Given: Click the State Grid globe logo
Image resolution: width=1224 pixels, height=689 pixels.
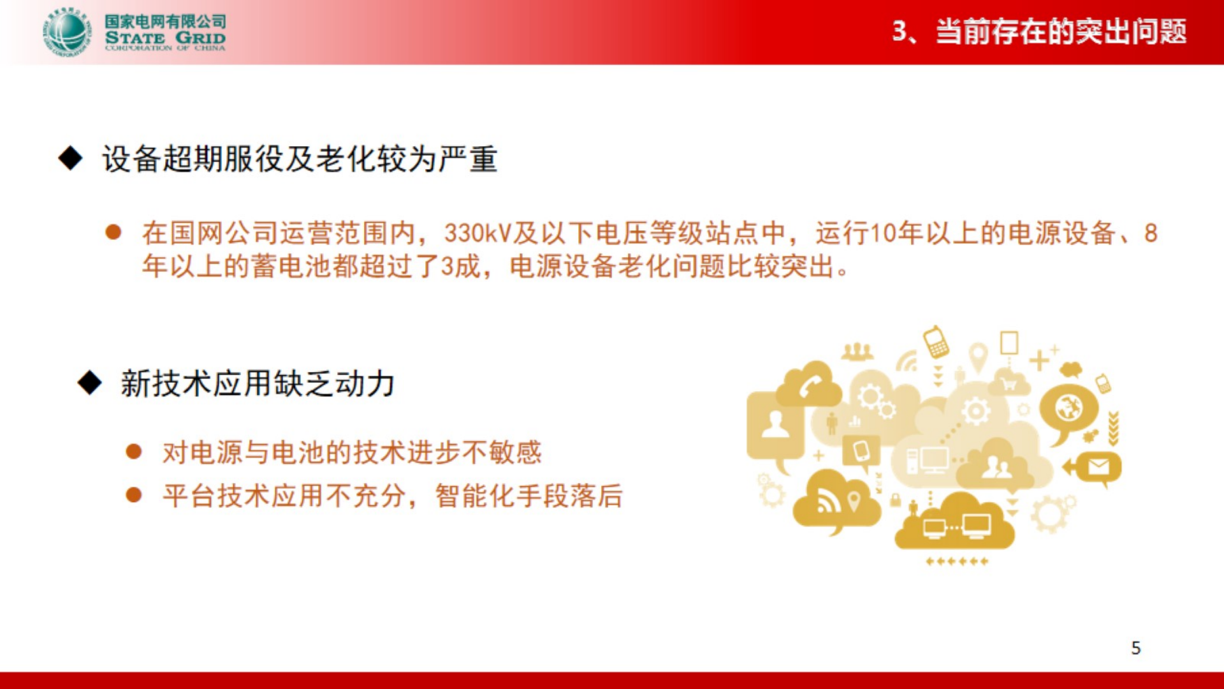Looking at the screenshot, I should click(66, 33).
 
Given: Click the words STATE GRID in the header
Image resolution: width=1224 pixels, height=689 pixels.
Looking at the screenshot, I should click(165, 37).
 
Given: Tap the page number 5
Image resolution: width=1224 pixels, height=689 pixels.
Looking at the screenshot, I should click(1135, 648).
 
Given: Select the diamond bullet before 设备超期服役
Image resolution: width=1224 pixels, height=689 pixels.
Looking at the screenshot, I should click(70, 158).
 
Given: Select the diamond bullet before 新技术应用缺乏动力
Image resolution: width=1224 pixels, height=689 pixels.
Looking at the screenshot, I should click(89, 383).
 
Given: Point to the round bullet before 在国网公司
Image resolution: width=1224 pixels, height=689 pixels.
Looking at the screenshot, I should click(113, 232).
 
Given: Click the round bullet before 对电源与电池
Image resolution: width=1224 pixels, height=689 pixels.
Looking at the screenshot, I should click(134, 452).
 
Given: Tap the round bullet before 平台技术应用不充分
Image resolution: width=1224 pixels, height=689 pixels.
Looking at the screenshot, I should click(134, 495).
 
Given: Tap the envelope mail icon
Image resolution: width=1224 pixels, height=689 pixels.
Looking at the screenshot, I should click(1098, 467).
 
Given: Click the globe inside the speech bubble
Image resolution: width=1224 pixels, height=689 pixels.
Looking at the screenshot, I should click(1068, 408).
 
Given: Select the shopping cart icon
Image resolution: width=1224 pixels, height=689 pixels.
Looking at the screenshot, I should click(1009, 384).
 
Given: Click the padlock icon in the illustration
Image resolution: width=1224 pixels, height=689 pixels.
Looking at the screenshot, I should click(896, 501).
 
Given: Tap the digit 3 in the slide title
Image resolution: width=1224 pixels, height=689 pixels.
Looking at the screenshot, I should click(900, 31).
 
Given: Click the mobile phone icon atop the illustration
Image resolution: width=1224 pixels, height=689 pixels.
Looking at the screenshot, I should click(936, 341).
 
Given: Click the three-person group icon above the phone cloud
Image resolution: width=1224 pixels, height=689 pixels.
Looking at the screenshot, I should click(857, 351).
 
